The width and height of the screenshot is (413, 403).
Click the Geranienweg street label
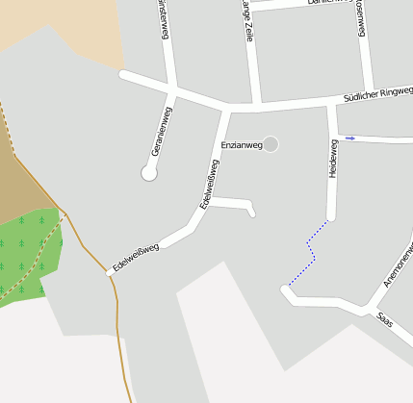(162, 132)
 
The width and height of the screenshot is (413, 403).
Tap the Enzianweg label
(241, 145)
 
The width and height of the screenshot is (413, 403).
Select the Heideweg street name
(333, 159)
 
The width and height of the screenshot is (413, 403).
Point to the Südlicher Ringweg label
(377, 95)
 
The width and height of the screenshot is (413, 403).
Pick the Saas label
(385, 318)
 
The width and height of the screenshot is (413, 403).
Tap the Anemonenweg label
(399, 264)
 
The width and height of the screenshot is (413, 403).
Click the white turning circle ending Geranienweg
(149, 173)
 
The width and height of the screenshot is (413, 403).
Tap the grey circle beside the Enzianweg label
(271, 144)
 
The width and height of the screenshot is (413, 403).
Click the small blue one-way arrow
(350, 139)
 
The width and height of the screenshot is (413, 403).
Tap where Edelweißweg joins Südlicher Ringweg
(225, 108)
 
